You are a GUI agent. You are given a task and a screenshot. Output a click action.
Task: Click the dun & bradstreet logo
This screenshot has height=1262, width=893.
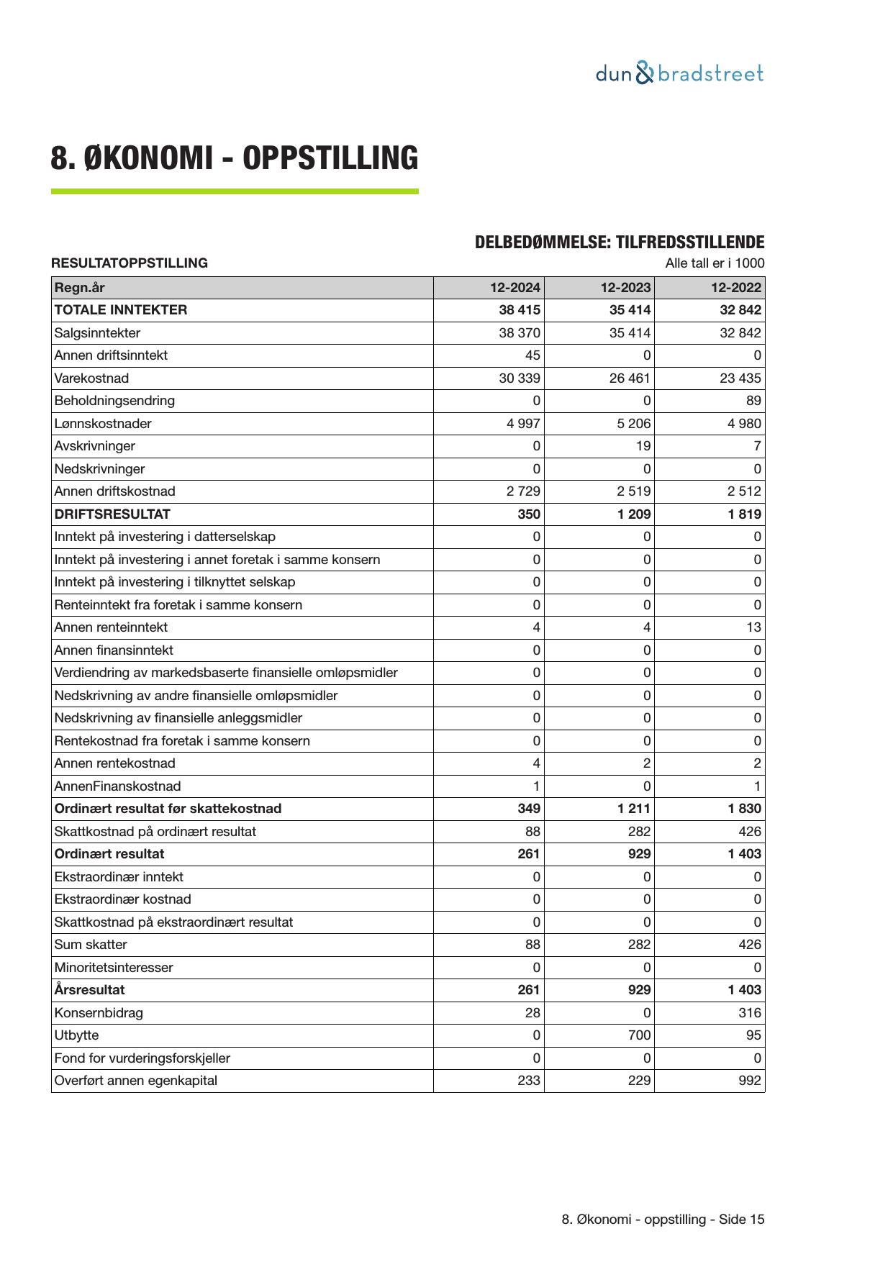pos(679,73)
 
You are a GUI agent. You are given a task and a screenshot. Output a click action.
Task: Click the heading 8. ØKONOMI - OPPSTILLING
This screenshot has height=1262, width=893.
pos(234,158)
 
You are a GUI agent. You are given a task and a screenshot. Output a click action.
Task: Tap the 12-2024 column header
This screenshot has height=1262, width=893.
pos(515,288)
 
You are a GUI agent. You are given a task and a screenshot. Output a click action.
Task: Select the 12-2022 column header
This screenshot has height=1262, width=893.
pos(736,288)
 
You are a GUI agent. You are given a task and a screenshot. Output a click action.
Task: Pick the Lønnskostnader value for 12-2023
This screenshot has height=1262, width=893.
pos(633,424)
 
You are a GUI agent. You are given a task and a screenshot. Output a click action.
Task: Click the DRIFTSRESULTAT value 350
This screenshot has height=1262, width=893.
pos(529,514)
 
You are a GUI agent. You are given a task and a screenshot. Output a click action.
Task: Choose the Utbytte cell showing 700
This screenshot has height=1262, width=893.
pos(639,1035)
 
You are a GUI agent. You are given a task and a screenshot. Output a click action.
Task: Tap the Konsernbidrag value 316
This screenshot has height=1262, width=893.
pos(749,1013)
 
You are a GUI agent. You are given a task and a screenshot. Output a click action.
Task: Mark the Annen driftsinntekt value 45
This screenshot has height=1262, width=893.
pos(532,355)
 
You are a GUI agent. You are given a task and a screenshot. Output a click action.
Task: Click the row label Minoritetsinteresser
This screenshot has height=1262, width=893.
pos(114,968)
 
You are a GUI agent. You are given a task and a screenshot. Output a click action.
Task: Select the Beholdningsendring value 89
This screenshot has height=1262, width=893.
pos(753,401)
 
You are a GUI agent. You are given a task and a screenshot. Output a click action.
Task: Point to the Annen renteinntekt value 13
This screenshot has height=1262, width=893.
pos(753,627)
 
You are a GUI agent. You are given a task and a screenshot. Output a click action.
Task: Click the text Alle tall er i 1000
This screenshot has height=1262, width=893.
pos(715,263)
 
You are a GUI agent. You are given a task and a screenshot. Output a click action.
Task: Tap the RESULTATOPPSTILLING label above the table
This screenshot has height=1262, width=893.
pos(130,263)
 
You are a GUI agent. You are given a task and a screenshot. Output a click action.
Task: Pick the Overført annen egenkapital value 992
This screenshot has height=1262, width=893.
pos(749,1081)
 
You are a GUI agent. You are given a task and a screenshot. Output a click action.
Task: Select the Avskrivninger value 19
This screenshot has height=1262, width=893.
pos(643,446)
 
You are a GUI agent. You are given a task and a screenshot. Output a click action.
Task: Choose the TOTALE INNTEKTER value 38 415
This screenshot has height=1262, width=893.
pos(520,310)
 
